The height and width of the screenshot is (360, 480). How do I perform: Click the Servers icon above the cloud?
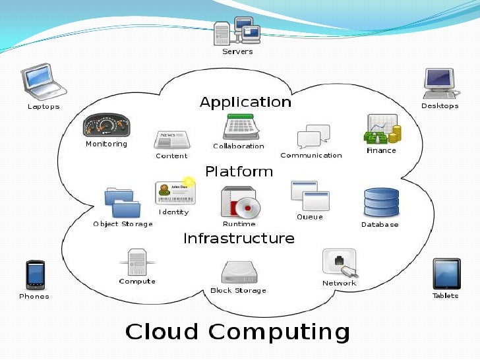pyautogui.click(x=237, y=31)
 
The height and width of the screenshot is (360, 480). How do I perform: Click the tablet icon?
pyautogui.click(x=446, y=273)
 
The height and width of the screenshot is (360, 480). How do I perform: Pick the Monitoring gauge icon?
pyautogui.click(x=106, y=125)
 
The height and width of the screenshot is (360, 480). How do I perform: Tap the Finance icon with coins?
pyautogui.click(x=382, y=130)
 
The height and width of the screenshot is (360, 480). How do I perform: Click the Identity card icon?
pyautogui.click(x=174, y=193)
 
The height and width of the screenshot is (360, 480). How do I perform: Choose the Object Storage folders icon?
pyautogui.click(x=123, y=203)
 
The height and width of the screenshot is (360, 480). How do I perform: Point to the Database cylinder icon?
pyautogui.click(x=380, y=202)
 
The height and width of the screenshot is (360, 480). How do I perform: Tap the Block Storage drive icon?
pyautogui.click(x=238, y=272)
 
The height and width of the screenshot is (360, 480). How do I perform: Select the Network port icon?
pyautogui.click(x=340, y=263)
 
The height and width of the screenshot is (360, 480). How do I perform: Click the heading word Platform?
pyautogui.click(x=239, y=171)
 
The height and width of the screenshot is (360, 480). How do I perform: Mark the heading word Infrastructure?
pyautogui.click(x=239, y=238)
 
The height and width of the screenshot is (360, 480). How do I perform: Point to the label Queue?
pyautogui.click(x=309, y=217)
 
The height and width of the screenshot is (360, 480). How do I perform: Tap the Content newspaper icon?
pyautogui.click(x=171, y=140)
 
